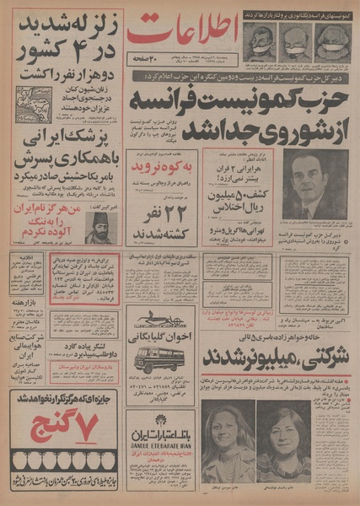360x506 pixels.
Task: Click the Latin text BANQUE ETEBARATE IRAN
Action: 160,447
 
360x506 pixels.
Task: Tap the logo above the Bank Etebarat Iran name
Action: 159,421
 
